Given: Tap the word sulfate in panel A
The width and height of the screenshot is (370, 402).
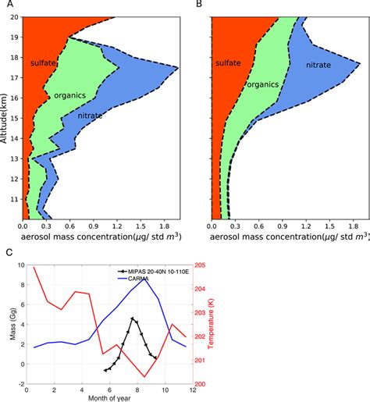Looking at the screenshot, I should (x=45, y=62).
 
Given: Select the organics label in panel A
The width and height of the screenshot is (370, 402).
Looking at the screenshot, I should (x=69, y=95).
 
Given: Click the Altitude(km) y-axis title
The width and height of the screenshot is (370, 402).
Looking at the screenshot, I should (x=6, y=117).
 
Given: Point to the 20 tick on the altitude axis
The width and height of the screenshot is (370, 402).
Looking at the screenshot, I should (x=15, y=16).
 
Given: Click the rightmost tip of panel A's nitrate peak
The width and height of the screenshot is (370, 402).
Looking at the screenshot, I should (x=179, y=69).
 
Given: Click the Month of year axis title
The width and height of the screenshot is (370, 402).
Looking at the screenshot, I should (x=106, y=397).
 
